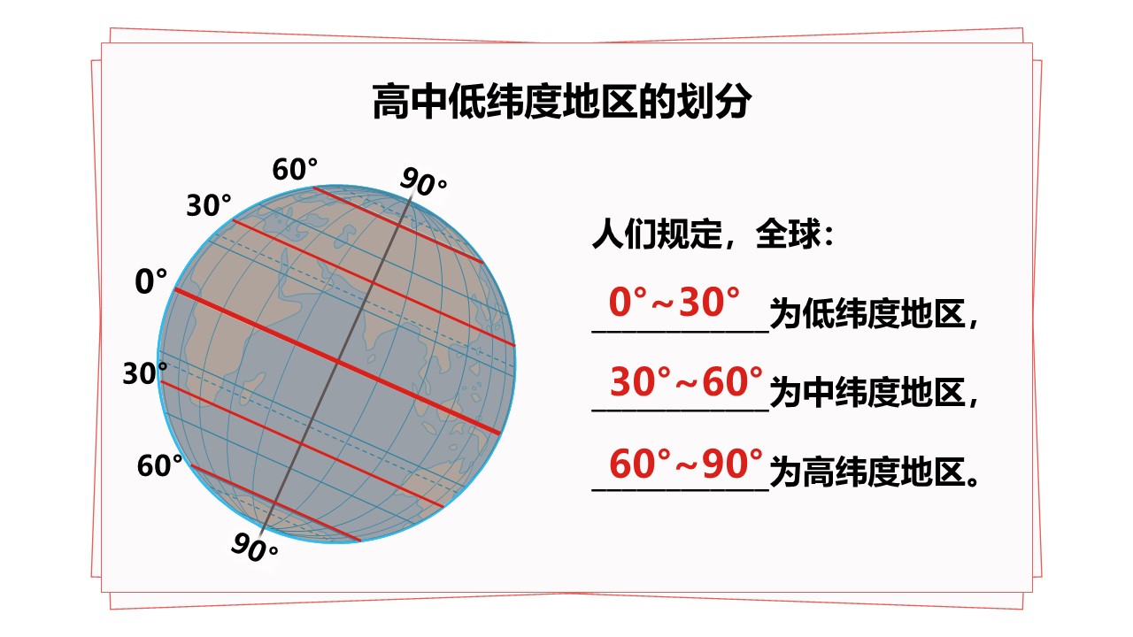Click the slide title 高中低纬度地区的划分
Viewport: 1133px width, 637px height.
[x=562, y=101]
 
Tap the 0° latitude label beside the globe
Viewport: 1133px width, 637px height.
[x=150, y=281]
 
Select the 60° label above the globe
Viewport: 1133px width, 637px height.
[x=295, y=169]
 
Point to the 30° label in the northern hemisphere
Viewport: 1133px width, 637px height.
[x=209, y=205]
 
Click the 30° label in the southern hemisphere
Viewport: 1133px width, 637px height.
[x=145, y=373]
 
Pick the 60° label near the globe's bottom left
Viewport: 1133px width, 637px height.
[x=160, y=465]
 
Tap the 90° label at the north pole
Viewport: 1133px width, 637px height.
[x=423, y=181]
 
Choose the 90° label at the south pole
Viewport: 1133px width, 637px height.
[x=254, y=548]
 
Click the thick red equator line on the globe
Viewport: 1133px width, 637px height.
[x=337, y=361]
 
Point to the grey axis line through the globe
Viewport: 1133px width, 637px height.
[x=336, y=363]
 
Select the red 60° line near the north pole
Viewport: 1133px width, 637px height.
[x=398, y=225]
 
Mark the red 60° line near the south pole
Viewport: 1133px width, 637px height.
[x=275, y=503]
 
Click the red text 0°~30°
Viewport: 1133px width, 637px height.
[x=674, y=303]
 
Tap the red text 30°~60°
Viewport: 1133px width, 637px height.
[x=686, y=381]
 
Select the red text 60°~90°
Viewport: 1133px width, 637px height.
[x=686, y=463]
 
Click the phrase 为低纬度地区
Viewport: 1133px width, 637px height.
[x=867, y=314]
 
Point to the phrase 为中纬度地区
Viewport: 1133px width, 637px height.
[x=867, y=393]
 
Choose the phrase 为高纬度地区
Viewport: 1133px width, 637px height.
[x=867, y=472]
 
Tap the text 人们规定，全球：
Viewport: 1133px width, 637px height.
[x=713, y=234]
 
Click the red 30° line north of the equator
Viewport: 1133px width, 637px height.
[x=374, y=282]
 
